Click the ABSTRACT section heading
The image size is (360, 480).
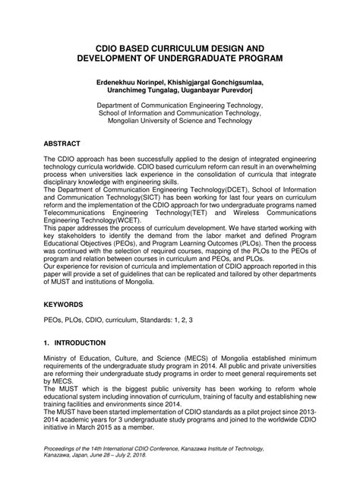pos(65,142)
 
